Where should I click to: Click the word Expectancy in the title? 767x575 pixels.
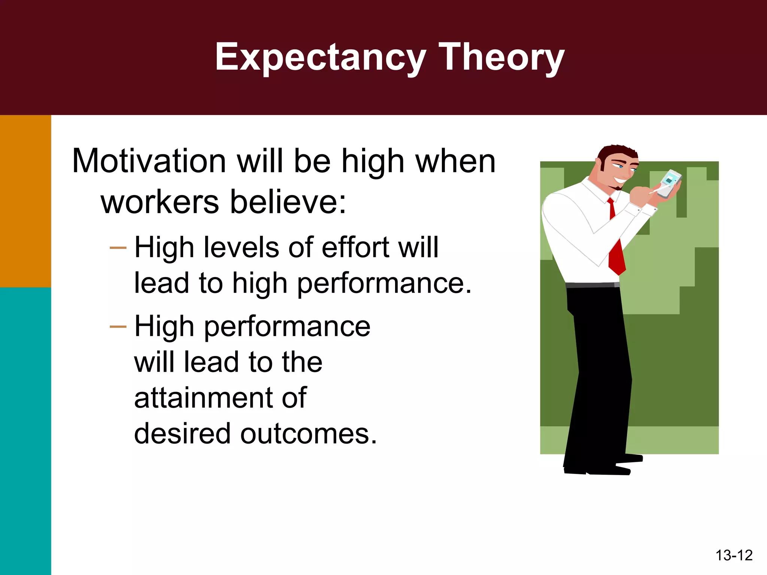coord(320,57)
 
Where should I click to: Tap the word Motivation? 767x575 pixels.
coord(149,161)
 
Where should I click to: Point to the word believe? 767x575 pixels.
coord(288,202)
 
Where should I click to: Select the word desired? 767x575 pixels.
coord(182,434)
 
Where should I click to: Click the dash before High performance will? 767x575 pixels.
coord(118,327)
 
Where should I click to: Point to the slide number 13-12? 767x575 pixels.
coord(734,555)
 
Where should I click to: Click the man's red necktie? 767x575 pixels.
coord(616,251)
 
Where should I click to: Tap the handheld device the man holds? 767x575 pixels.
coord(669,183)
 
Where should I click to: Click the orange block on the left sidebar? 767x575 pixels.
coord(25,201)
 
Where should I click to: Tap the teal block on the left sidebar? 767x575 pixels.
coord(25,431)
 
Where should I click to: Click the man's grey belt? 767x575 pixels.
coord(592,285)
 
